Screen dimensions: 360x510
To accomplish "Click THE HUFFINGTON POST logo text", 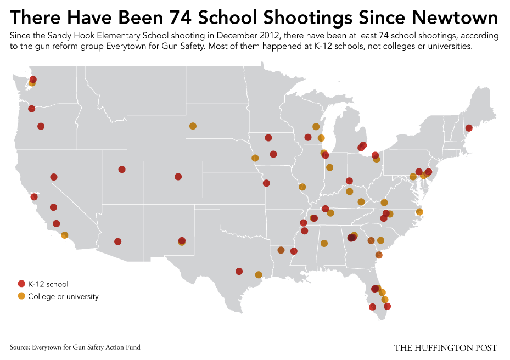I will pyautogui.click(x=446, y=347).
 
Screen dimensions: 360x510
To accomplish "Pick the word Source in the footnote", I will pyautogui.click(x=20, y=347).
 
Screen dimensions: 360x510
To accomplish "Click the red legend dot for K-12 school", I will pyautogui.click(x=22, y=284).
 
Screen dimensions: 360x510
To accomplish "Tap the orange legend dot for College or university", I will pyautogui.click(x=22, y=296).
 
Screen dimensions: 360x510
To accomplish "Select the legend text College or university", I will pyautogui.click(x=63, y=296).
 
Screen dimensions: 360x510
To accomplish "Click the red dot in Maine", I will pyautogui.click(x=469, y=128).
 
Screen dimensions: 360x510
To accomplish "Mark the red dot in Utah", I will pyautogui.click(x=122, y=170).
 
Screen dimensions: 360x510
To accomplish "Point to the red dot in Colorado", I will pyautogui.click(x=178, y=177).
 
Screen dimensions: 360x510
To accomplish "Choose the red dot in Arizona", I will pyautogui.click(x=117, y=241).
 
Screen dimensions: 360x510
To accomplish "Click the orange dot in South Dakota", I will pyautogui.click(x=193, y=126).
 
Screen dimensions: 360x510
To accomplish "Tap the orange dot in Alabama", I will pyautogui.click(x=324, y=243).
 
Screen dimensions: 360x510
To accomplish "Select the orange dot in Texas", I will pyautogui.click(x=259, y=274).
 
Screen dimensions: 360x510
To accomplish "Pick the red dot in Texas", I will pyautogui.click(x=239, y=271).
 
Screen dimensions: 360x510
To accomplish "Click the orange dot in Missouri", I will pyautogui.click(x=302, y=187).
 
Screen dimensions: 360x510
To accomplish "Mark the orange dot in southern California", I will pyautogui.click(x=65, y=235).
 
